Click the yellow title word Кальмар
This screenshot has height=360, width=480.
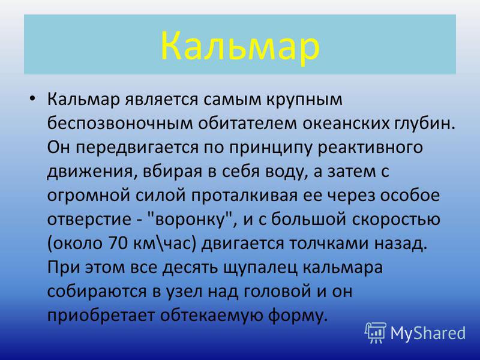click(240, 46)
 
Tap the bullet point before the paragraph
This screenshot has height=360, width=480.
click(32, 98)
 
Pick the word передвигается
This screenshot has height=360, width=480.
click(137, 148)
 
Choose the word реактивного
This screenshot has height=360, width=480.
click(370, 148)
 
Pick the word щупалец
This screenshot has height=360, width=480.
click(260, 268)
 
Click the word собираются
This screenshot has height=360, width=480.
click(97, 292)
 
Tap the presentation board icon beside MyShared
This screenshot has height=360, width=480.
click(376, 332)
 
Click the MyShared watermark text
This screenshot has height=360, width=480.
click(428, 333)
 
